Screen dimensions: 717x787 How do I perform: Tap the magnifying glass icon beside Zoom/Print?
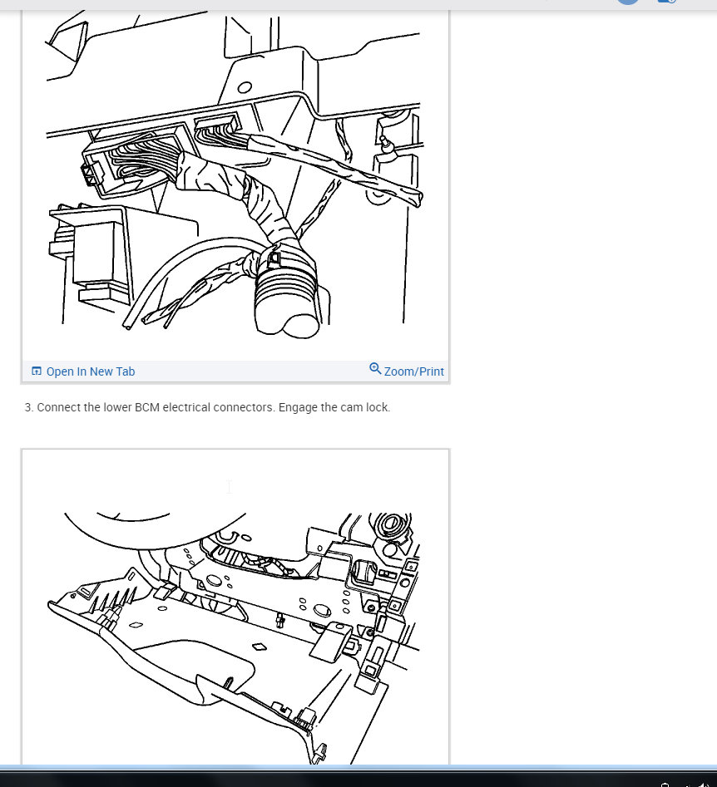coord(375,369)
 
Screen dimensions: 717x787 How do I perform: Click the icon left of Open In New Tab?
coord(36,371)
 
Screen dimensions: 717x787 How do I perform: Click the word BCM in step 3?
coord(146,407)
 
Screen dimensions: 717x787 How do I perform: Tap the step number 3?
coord(29,407)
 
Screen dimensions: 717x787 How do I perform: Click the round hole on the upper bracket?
coord(245,88)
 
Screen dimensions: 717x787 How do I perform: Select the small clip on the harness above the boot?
coord(274,258)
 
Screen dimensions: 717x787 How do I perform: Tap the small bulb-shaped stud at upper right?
coord(386,144)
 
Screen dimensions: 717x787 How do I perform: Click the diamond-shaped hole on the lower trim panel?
coord(259,647)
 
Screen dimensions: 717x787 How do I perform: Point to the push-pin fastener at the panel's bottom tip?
coord(319,752)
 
